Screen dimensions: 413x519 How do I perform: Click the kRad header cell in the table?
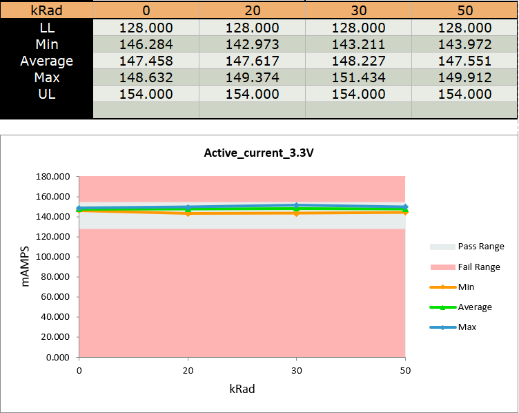46,11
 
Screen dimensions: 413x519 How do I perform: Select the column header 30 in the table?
358,11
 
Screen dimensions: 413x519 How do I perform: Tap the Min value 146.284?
146,44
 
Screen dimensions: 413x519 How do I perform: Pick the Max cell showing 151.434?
358,77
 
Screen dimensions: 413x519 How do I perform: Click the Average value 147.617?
252,61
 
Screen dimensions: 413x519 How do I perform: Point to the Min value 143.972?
464,44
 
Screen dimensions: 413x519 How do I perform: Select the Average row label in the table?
46,61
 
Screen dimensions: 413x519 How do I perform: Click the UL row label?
46,94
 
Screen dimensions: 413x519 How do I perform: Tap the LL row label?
46,28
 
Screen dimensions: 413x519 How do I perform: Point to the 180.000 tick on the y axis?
53,177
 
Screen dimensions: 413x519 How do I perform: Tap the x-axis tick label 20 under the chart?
188,372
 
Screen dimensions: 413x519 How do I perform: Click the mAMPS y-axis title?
26,267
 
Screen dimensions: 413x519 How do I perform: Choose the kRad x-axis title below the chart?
242,389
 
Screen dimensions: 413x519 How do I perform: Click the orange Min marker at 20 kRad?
188,213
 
